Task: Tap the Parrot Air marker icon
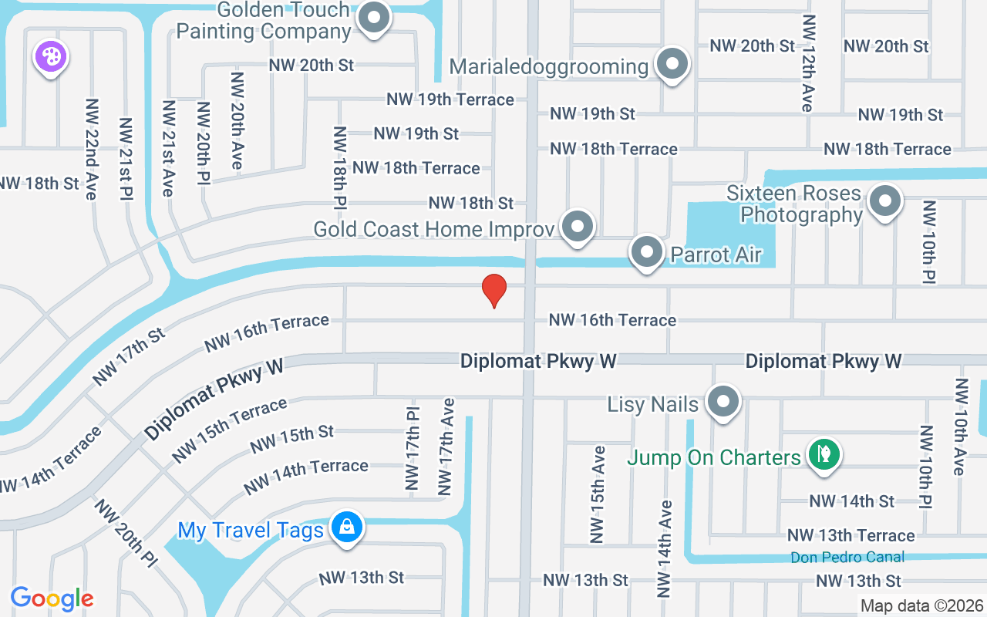pos(646,252)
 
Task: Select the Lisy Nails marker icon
pos(723,401)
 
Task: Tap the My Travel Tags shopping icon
pos(347,528)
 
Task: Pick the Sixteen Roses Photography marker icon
pos(884,201)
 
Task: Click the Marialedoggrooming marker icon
pos(672,64)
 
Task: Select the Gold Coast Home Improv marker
pos(577,227)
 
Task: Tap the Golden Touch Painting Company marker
pos(375,18)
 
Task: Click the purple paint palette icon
pos(51,56)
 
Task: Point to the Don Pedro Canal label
pos(847,557)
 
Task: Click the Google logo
pos(52,598)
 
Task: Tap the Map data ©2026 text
pos(922,605)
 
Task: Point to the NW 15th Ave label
pos(597,494)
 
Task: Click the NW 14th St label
pos(851,501)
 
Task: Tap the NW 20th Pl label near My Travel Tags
pos(126,533)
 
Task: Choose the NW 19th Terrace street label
pos(450,99)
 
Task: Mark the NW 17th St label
pos(129,356)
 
